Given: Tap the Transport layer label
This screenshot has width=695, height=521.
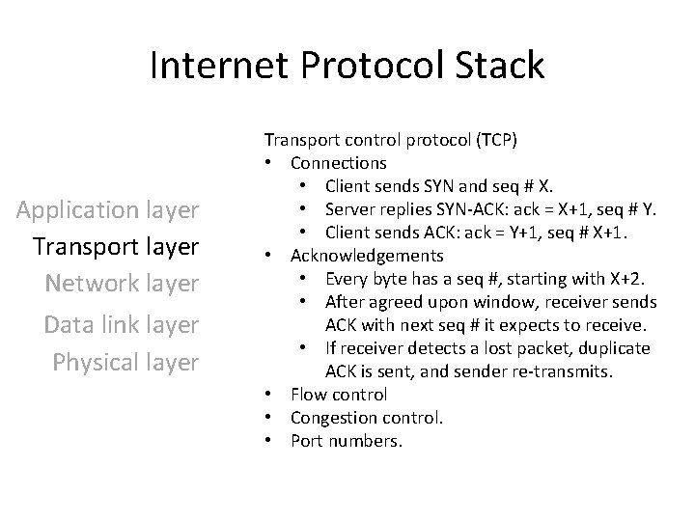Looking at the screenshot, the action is [115, 246].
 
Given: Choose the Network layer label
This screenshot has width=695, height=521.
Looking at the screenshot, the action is [122, 283].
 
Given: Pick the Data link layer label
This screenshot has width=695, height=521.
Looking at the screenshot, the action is [122, 325].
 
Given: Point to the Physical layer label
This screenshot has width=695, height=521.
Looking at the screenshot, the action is [125, 362].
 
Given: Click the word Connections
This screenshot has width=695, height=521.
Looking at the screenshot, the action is [339, 163].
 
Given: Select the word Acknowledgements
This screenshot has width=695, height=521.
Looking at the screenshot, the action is [367, 256].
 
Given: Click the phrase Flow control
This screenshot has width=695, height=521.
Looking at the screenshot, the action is [339, 395].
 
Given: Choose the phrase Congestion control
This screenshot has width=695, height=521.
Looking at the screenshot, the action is [368, 418].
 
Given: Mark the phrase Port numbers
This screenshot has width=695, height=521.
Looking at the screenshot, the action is [347, 441].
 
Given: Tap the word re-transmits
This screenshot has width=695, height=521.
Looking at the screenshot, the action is [569, 371].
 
